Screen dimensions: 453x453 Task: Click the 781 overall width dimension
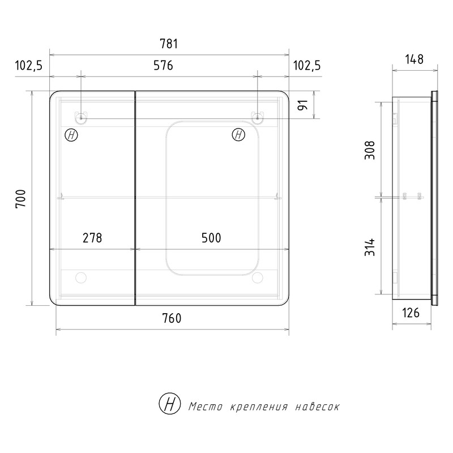click(169, 44)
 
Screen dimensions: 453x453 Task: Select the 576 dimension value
click(163, 66)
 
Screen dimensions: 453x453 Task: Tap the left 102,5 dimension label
click(29, 66)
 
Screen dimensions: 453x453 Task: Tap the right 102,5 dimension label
click(307, 66)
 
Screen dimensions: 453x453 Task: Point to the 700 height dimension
click(21, 198)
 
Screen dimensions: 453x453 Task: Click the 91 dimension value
click(303, 105)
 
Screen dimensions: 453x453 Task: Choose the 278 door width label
click(92, 238)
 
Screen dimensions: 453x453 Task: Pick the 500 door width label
click(211, 238)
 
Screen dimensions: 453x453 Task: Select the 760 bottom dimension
click(172, 318)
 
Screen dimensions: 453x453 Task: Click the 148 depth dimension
click(414, 59)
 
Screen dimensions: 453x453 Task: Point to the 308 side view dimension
click(370, 150)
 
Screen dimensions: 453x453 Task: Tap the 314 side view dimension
click(370, 247)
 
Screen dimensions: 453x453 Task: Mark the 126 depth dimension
click(411, 313)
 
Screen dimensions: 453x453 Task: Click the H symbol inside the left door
click(71, 135)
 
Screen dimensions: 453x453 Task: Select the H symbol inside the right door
click(238, 135)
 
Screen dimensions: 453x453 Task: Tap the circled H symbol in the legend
click(170, 403)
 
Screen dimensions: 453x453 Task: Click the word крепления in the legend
click(259, 407)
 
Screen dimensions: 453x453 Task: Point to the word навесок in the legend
click(318, 407)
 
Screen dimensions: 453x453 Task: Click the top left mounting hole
click(81, 118)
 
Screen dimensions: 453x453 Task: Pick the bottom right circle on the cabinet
click(257, 277)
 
